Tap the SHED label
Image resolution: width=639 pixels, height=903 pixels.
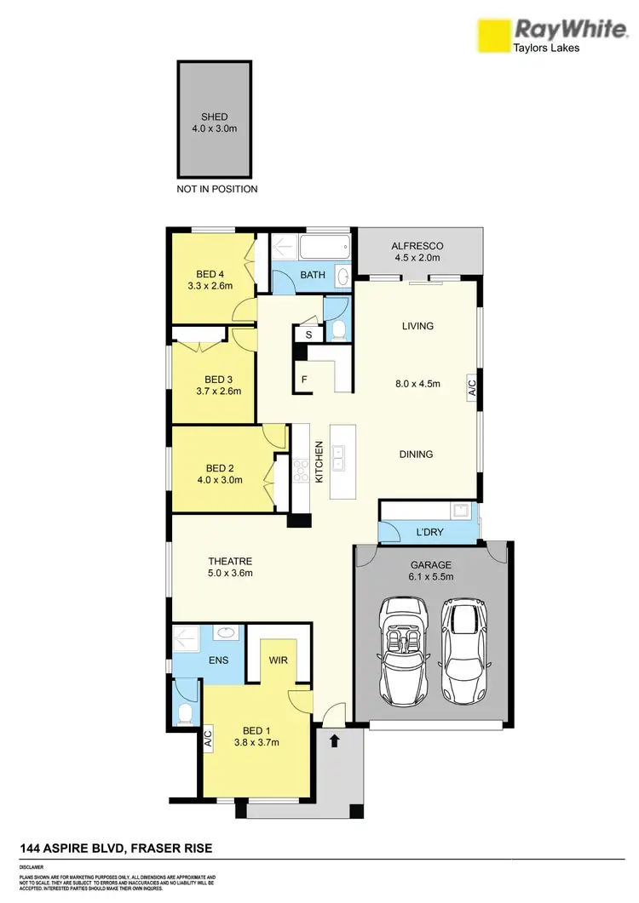(214, 117)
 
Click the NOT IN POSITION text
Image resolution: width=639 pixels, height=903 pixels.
(216, 189)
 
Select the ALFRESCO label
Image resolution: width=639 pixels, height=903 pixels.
(417, 246)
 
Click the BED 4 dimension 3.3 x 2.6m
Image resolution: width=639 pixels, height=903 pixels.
(213, 286)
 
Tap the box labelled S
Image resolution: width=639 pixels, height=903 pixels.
(308, 335)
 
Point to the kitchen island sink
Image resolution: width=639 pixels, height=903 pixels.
(339, 460)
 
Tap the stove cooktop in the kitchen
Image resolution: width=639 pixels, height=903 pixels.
(300, 470)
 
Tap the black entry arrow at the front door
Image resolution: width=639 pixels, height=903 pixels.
(334, 740)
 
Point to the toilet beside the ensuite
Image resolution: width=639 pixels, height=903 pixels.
(184, 710)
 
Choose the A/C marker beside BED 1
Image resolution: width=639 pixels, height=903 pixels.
(207, 738)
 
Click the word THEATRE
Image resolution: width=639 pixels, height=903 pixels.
(231, 561)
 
